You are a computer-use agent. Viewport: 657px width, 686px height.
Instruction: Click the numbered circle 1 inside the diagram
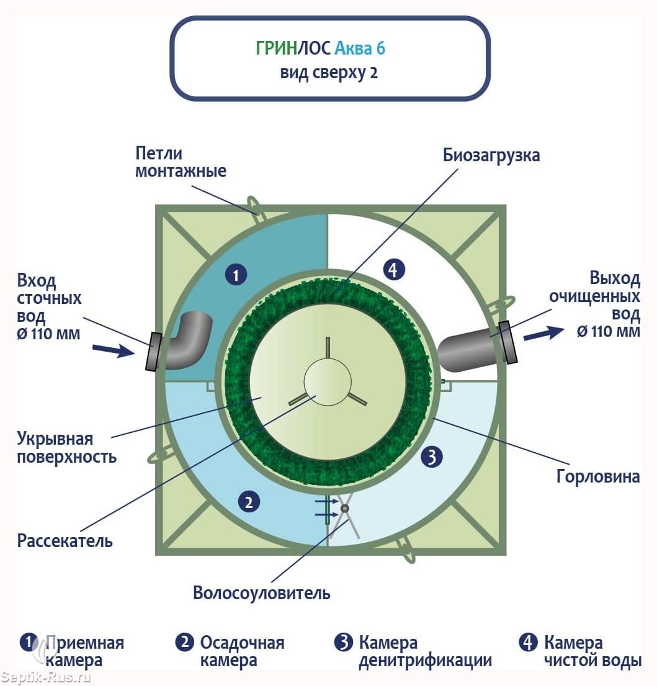(236, 274)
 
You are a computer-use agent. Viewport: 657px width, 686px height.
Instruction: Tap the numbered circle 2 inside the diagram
(249, 502)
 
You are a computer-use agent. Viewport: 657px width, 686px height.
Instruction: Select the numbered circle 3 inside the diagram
(432, 457)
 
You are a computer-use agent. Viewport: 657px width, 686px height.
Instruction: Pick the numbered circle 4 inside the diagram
(394, 270)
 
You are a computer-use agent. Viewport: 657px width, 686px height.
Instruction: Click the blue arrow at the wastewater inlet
(114, 350)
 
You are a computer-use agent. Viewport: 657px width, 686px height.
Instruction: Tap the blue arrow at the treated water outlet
(543, 334)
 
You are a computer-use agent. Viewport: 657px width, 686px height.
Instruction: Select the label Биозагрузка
(491, 155)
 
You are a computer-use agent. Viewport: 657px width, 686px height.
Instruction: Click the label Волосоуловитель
(261, 593)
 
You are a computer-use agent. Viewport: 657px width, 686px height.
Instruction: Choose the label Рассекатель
(65, 541)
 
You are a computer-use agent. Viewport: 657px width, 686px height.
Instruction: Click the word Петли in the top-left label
(158, 153)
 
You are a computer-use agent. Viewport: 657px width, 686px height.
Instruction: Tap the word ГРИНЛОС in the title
(293, 48)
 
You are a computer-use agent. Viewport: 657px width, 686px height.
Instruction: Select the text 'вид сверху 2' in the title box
(329, 73)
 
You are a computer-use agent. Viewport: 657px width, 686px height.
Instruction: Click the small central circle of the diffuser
(328, 381)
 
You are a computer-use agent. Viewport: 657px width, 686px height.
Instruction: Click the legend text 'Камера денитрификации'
(425, 651)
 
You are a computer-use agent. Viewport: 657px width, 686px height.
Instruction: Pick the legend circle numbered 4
(529, 643)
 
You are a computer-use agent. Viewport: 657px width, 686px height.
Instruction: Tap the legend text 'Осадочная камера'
(242, 651)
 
